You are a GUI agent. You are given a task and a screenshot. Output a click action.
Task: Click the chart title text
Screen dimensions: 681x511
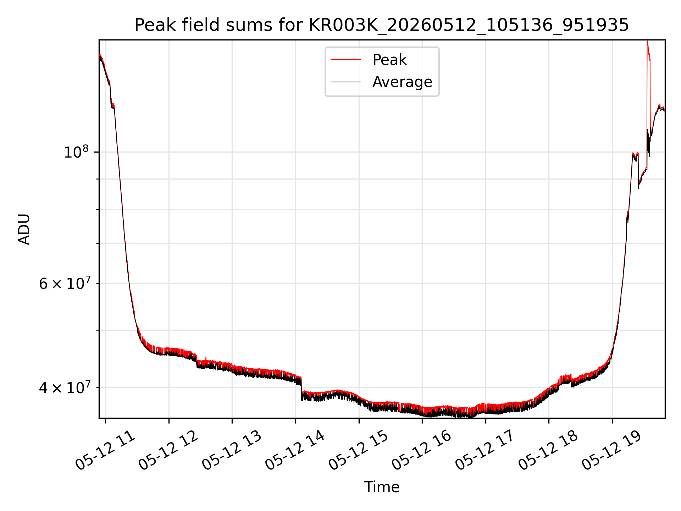point(382,25)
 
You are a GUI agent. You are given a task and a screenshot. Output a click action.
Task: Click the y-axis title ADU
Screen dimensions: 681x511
point(24,229)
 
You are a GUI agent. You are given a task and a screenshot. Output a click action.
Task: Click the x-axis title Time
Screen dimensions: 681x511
point(382,487)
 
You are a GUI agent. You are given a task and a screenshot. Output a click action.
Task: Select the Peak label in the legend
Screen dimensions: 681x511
point(389,60)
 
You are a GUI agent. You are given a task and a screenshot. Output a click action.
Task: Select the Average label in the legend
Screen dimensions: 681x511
point(402,82)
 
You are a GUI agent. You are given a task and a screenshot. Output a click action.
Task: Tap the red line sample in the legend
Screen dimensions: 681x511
point(346,60)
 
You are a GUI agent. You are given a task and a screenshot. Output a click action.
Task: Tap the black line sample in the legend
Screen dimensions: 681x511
point(346,82)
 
